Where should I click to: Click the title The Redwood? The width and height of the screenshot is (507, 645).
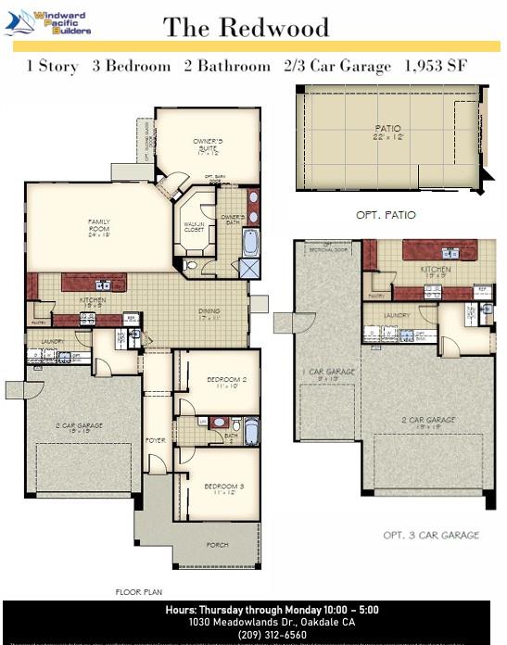coord(246,27)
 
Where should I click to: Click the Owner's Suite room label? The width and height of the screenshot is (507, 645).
coord(206,147)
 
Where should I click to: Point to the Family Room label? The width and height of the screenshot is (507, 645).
coord(99,226)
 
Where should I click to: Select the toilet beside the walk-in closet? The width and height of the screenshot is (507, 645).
coord(192,265)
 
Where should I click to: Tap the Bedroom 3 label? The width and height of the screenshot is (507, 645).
coord(223,487)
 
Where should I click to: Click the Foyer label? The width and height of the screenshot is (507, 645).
coord(156,441)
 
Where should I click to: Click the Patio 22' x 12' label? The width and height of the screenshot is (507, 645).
coord(388,133)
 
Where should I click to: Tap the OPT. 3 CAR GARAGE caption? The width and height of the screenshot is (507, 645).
coord(431,535)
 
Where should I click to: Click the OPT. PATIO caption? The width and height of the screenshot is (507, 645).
coord(386,215)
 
